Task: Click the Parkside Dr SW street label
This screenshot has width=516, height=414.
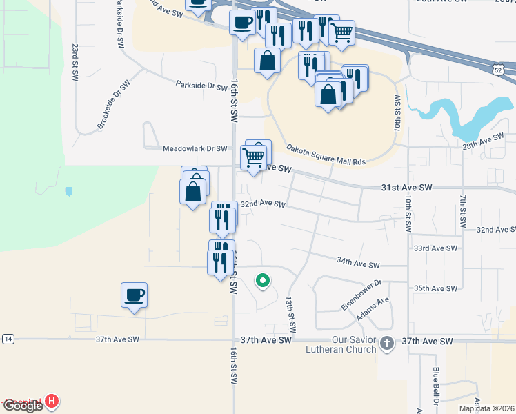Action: (x=201, y=87)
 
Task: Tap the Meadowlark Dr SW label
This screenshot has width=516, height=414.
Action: (x=195, y=148)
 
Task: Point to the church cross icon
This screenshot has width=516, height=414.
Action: (x=387, y=343)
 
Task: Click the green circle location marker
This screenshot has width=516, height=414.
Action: (x=262, y=280)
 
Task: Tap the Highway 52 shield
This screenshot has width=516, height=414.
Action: (x=498, y=70)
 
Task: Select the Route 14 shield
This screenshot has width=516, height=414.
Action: (x=8, y=339)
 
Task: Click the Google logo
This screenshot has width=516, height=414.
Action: (x=23, y=406)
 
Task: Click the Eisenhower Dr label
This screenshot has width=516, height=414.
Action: (x=361, y=295)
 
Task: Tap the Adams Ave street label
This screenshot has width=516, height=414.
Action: (x=373, y=309)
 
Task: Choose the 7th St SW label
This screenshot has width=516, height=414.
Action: (x=461, y=211)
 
